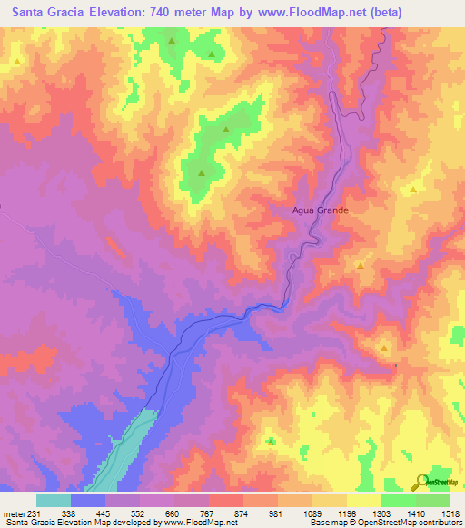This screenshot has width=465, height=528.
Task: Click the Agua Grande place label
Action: (321, 210)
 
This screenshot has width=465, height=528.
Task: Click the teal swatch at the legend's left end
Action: (54, 500)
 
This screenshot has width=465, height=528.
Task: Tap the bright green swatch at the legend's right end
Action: (433, 500)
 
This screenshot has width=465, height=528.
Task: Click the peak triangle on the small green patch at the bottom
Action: (272, 441)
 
